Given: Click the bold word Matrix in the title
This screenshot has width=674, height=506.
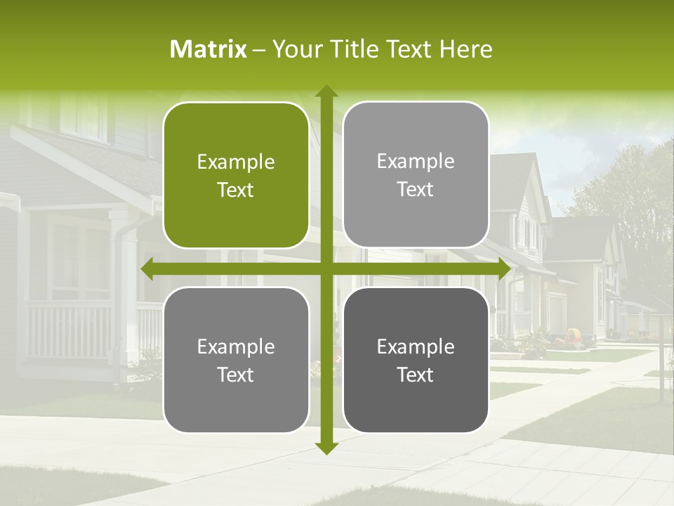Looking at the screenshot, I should tap(209, 49).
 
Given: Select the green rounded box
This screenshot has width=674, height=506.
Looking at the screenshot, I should tap(236, 176).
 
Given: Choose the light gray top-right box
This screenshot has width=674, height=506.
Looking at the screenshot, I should tap(416, 175).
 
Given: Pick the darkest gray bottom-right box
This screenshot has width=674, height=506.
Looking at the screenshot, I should tap(416, 360).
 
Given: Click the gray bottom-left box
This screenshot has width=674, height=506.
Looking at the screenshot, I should tap(236, 360).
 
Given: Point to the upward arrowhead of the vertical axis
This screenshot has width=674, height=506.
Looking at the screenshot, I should tap(326, 91).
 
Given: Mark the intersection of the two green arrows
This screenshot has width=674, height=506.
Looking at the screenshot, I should tap(326, 269).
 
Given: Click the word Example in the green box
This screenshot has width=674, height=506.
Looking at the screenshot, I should tap(236, 162).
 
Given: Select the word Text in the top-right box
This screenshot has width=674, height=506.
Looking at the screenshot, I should tap(416, 190).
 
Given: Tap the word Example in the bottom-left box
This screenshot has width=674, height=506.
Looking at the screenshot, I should tap(236, 346).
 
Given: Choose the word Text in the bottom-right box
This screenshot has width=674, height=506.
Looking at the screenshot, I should tap(416, 375).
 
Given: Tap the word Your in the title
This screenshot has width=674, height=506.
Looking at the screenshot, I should tap(294, 49).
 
